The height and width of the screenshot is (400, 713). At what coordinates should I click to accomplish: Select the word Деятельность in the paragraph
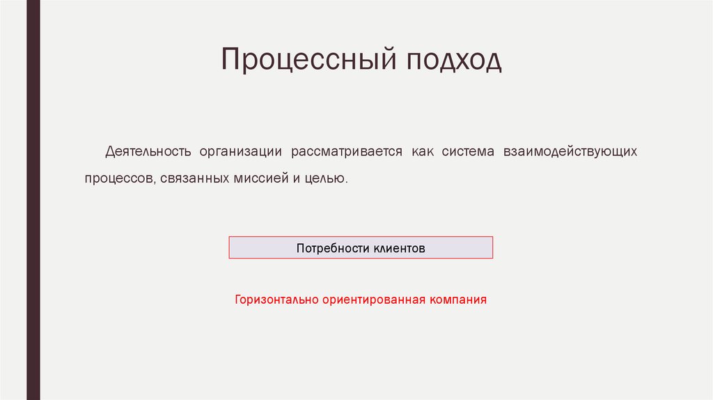[148, 151]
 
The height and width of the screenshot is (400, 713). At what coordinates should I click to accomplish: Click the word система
[468, 151]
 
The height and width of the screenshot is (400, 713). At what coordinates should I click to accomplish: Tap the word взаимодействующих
[566, 151]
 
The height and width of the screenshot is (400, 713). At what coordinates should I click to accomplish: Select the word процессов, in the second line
[119, 178]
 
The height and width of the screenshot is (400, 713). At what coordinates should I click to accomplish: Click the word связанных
[194, 178]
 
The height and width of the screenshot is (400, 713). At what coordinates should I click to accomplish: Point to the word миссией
[260, 178]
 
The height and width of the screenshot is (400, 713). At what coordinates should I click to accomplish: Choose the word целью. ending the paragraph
[324, 178]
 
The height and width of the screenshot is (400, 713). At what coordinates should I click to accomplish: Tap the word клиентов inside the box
[398, 248]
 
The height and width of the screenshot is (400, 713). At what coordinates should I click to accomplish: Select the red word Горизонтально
[276, 300]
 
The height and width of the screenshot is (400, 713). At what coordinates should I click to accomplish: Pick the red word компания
[457, 300]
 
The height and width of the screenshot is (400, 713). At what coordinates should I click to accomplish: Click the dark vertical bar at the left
[33, 200]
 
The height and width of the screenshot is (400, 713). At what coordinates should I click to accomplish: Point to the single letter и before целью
[296, 178]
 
